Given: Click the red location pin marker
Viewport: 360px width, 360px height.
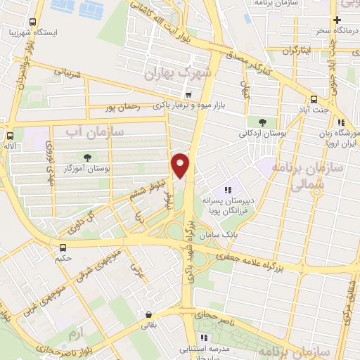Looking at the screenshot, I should pyautogui.click(x=181, y=165).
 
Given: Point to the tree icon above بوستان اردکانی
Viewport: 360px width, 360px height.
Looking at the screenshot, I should pyautogui.click(x=262, y=121).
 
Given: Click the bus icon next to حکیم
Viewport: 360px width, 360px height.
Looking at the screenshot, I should pyautogui.click(x=63, y=247).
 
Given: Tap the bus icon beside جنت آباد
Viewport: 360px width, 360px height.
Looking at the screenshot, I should pyautogui.click(x=313, y=99).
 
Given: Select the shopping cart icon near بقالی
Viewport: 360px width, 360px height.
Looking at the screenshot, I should pyautogui.click(x=148, y=315).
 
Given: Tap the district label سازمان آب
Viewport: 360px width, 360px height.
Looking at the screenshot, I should pyautogui.click(x=95, y=131).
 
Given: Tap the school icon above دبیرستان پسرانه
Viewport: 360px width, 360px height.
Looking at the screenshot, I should pyautogui.click(x=227, y=190).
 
